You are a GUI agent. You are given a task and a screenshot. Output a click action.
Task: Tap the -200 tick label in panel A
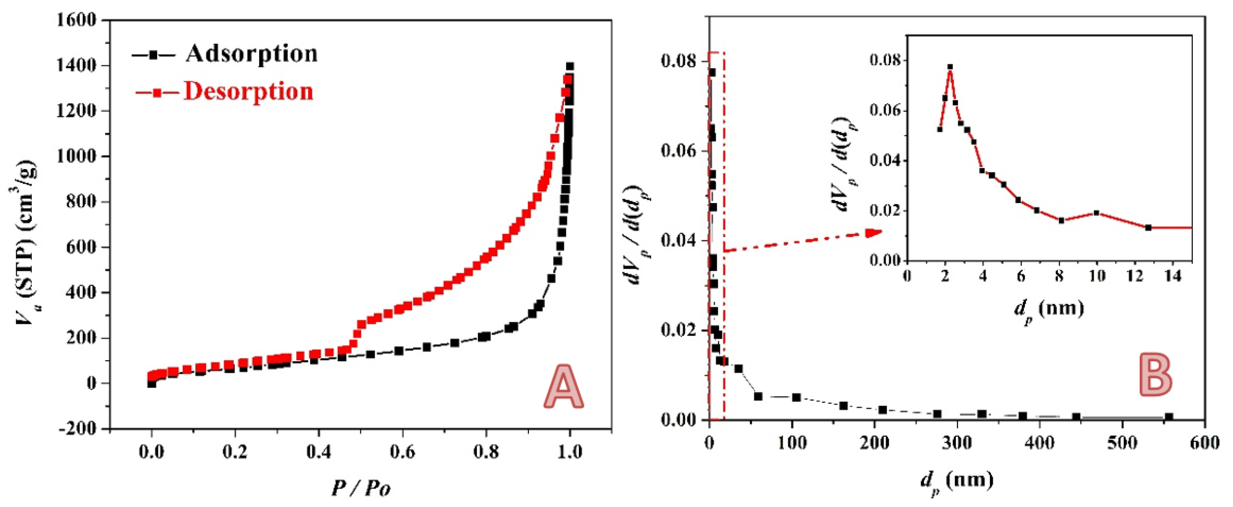click(x=77, y=429)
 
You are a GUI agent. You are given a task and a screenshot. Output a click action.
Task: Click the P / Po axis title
click(x=361, y=488)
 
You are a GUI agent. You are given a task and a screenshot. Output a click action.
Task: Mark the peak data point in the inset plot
click(x=950, y=67)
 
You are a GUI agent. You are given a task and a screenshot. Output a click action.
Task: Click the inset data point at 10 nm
click(x=1097, y=213)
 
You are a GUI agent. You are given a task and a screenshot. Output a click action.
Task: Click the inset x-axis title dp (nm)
click(x=1048, y=309)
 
